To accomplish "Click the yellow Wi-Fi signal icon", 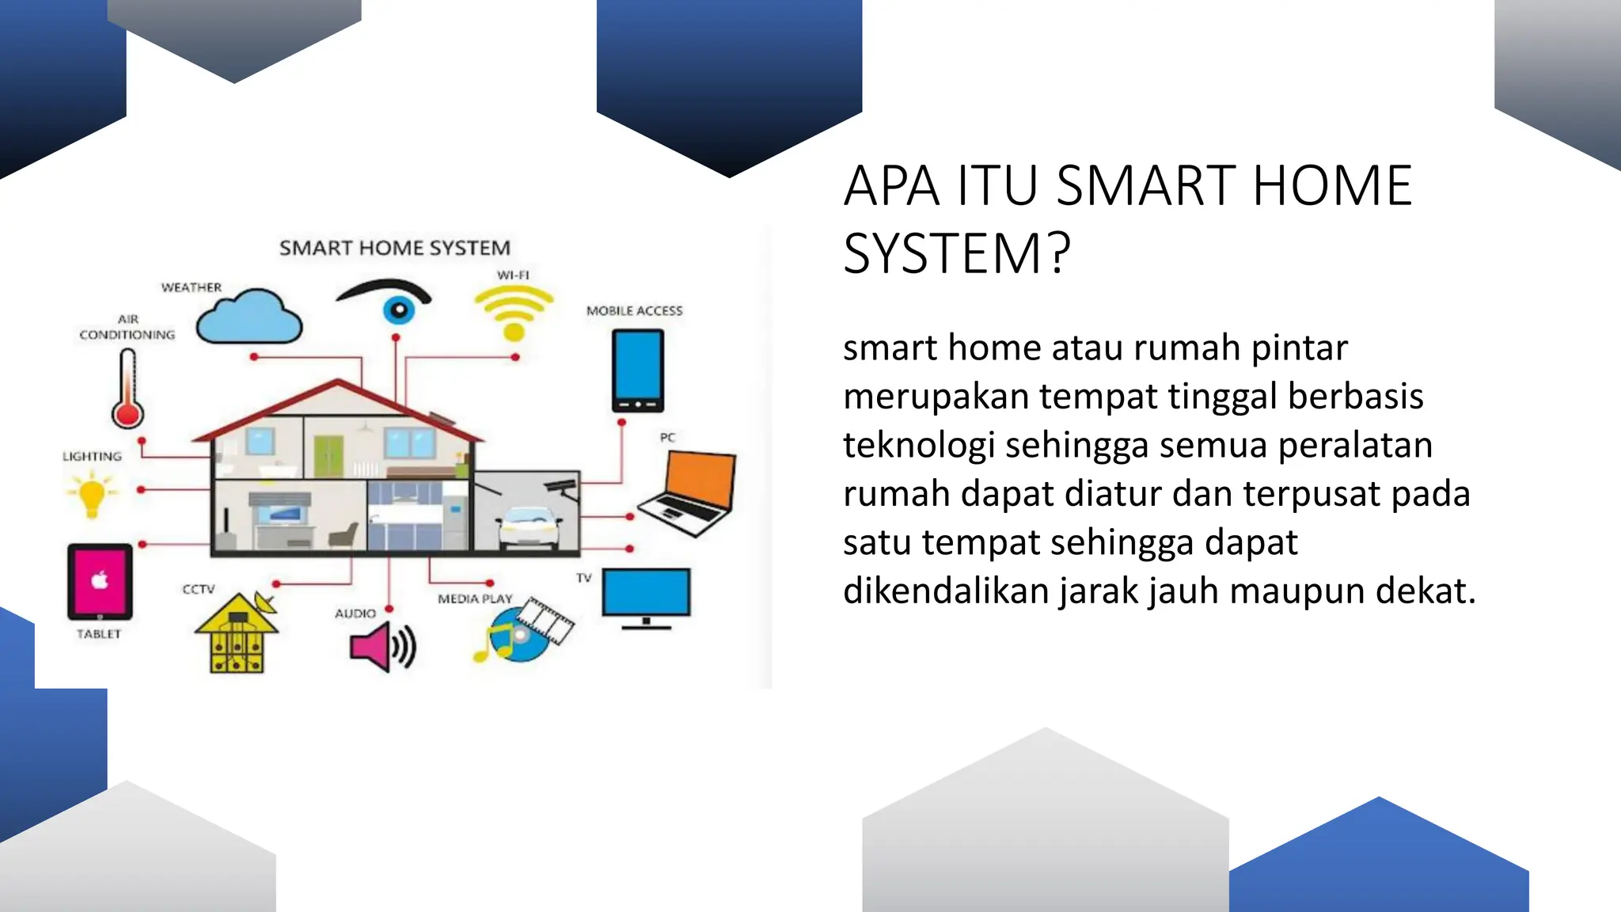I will coord(514,311).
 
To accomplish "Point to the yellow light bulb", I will coord(92,493).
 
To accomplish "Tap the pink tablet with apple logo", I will coord(100,582).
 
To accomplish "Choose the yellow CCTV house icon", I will coord(236,636).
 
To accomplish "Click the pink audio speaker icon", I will coord(382,647).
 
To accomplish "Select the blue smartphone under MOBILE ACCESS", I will coord(637,370).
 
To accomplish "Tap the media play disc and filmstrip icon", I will coord(524,630).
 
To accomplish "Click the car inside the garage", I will coord(529,526).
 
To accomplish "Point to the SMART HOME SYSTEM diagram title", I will coord(395,248).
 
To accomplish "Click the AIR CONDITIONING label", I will coord(127,327).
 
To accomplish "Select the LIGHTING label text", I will coord(93,457).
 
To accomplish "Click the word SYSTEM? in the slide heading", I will coord(956,254).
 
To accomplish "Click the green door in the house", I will coord(328,456).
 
